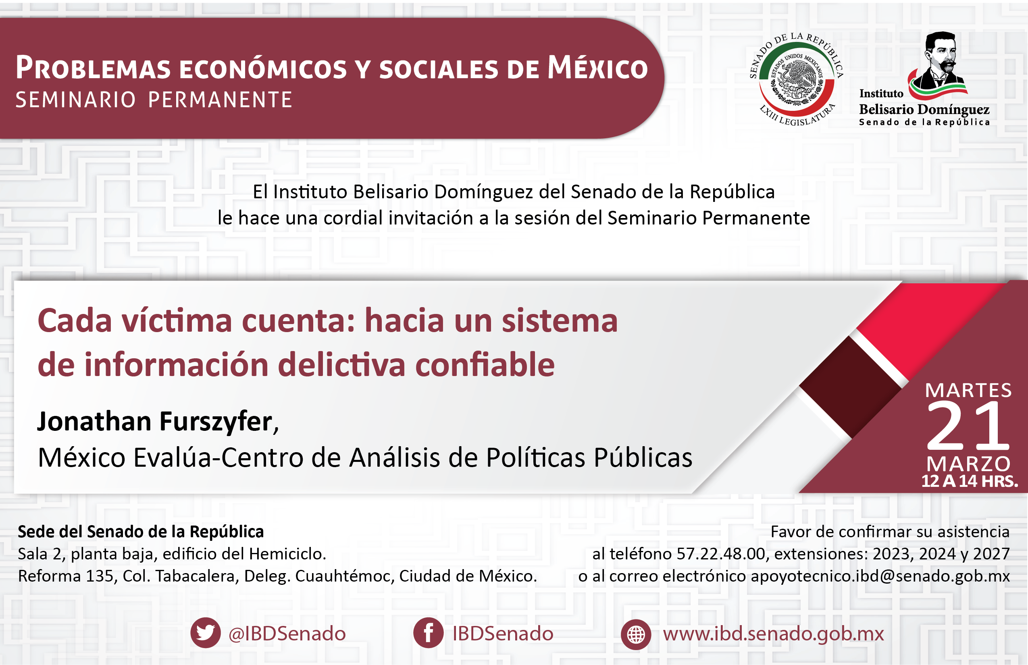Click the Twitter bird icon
[206, 633]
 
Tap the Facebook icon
[428, 633]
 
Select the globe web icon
[636, 634]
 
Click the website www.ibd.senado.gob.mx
[774, 634]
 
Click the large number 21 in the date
[968, 425]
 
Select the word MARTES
[968, 391]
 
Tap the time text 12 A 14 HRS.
[970, 481]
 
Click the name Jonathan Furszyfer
[155, 422]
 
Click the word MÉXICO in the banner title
[598, 68]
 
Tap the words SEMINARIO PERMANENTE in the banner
[154, 100]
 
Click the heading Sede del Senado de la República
[141, 532]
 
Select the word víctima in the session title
[177, 321]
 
